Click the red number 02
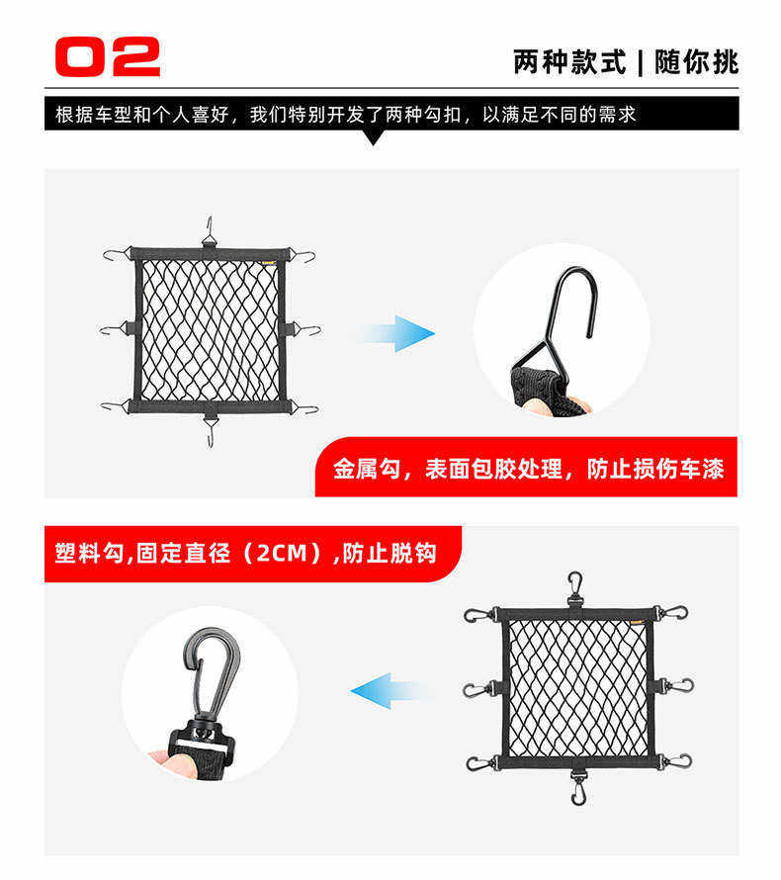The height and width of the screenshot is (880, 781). point(107,56)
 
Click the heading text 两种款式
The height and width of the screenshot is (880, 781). point(568,61)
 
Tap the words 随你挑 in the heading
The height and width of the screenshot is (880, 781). point(696,61)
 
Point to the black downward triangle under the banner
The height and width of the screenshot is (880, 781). point(373,137)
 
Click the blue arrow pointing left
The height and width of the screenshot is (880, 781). point(389,691)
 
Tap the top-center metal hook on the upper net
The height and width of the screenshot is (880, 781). point(210,231)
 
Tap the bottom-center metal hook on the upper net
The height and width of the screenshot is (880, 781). point(210,431)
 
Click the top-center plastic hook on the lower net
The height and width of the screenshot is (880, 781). point(575,588)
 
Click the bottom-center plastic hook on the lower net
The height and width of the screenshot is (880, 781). point(578,787)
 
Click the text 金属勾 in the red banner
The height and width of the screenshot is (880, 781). point(367,469)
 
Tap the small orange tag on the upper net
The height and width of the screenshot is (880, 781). point(269,261)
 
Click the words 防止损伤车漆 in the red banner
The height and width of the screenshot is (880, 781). point(655,469)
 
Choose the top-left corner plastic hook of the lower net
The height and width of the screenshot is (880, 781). point(481,615)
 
